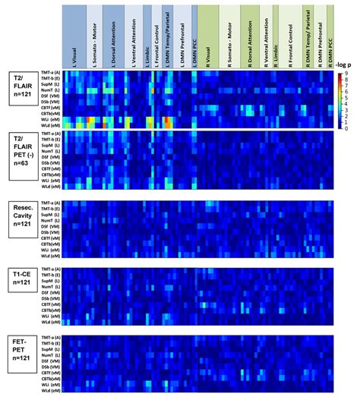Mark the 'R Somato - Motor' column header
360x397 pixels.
226,34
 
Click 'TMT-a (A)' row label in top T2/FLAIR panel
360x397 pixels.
48,72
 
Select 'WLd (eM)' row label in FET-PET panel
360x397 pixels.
48,389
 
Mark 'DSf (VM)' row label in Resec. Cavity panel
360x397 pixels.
48,224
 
